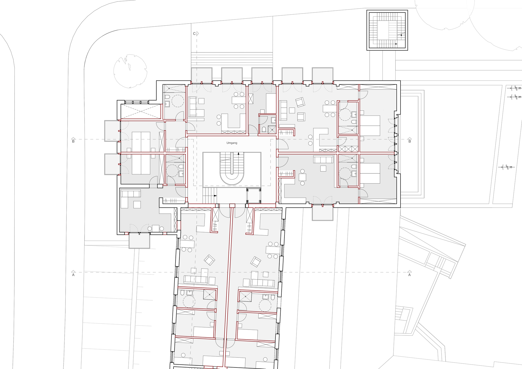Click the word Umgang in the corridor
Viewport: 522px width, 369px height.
click(x=232, y=143)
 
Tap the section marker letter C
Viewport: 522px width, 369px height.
click(x=194, y=34)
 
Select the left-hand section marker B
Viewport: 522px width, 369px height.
click(x=73, y=141)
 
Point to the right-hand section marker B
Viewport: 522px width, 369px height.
click(x=410, y=141)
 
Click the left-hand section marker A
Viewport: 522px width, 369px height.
click(x=73, y=275)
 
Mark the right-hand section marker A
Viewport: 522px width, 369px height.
click(x=410, y=275)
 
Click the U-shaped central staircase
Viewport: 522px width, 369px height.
click(x=232, y=168)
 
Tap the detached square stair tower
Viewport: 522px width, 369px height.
click(x=387, y=30)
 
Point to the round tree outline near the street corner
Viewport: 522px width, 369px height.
click(x=130, y=71)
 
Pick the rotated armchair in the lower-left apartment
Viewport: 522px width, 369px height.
click(x=209, y=260)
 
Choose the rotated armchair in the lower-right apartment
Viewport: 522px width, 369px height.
click(x=255, y=262)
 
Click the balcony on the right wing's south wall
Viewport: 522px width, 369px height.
click(x=323, y=213)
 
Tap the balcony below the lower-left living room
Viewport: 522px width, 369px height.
click(x=139, y=240)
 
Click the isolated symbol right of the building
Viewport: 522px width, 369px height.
click(x=506, y=167)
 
